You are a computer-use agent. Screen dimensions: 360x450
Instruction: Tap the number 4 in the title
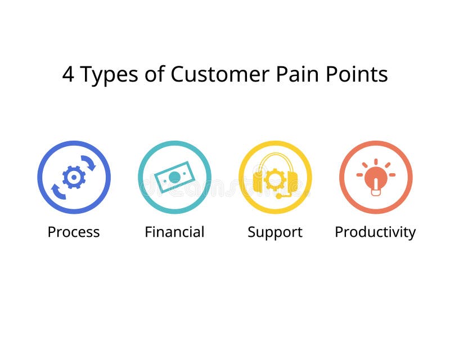click(67, 74)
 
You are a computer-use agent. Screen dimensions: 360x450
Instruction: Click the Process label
click(74, 232)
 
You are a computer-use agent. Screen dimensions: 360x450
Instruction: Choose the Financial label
click(174, 232)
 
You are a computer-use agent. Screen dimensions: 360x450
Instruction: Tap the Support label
click(275, 232)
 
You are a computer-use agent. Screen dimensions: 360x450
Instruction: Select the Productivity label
click(375, 232)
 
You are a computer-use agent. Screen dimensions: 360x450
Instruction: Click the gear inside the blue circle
click(74, 177)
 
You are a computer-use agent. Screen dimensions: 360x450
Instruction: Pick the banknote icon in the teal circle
click(174, 177)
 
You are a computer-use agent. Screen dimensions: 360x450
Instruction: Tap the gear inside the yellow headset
click(275, 179)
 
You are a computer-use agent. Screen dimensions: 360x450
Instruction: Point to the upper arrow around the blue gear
click(89, 163)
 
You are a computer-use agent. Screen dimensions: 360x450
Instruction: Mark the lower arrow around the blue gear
click(58, 191)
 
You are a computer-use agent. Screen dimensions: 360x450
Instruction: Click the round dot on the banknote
click(174, 177)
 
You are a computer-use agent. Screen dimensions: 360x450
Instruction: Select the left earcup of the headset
click(258, 181)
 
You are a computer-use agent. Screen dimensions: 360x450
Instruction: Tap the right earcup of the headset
click(292, 181)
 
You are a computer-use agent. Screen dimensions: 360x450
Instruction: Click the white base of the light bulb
click(376, 192)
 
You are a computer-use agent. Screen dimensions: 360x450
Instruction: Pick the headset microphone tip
click(278, 196)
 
